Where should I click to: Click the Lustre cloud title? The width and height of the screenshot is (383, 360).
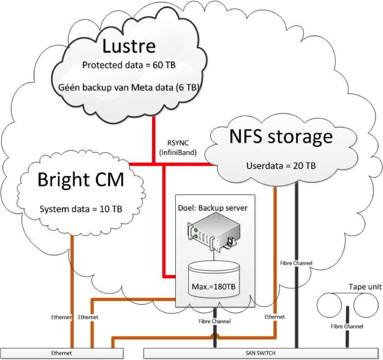coord(129,46)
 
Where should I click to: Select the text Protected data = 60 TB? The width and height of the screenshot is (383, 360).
coord(128,65)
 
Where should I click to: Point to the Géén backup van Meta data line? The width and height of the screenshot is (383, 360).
coord(128,86)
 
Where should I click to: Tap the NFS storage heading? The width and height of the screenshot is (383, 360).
coord(281,137)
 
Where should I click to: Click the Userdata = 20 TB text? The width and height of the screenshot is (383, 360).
coord(281,166)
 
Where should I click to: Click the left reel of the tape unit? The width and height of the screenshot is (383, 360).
coord(330,306)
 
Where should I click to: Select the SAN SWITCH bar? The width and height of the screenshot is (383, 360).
coord(263,353)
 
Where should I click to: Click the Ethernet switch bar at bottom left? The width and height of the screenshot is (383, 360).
coord(62,353)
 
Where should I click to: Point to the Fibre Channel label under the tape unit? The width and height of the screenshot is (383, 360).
coord(347,326)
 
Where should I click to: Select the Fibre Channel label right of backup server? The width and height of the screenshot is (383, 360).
coord(296,263)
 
